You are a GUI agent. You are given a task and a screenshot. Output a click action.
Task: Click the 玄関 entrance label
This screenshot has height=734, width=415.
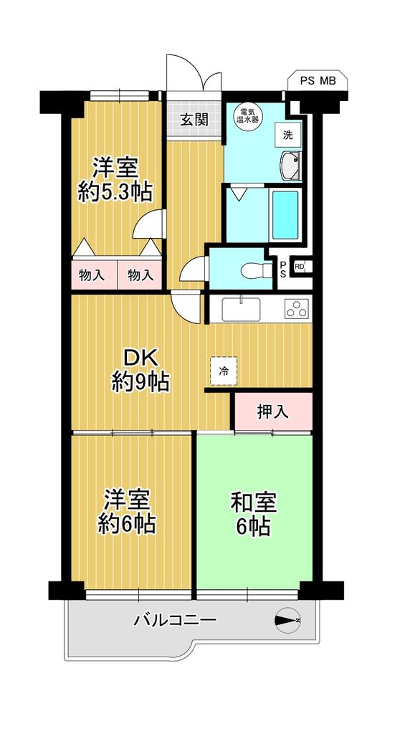194,120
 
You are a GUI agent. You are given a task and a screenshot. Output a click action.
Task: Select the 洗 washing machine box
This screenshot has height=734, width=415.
287,135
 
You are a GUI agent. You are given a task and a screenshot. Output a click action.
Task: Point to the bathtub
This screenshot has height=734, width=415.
285,215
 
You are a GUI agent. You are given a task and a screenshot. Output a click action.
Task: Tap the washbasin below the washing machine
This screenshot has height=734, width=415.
290,166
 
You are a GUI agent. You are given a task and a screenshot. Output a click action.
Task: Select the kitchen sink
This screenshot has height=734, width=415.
241,309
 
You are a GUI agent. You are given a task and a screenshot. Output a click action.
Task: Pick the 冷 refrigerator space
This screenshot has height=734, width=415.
224,371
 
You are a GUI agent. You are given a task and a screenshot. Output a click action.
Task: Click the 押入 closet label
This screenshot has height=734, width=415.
272,411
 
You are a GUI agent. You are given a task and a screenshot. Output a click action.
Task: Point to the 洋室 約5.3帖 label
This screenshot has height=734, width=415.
115,180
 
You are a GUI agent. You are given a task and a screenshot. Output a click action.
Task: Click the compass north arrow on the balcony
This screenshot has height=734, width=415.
287,621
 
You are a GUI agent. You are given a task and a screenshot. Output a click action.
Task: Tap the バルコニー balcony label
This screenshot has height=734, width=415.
176,621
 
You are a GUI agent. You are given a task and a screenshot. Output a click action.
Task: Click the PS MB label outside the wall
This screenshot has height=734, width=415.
318,80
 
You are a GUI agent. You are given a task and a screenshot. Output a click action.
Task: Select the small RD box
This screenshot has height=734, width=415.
299,267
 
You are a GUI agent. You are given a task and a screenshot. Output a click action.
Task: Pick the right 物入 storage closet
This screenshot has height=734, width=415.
140,275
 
